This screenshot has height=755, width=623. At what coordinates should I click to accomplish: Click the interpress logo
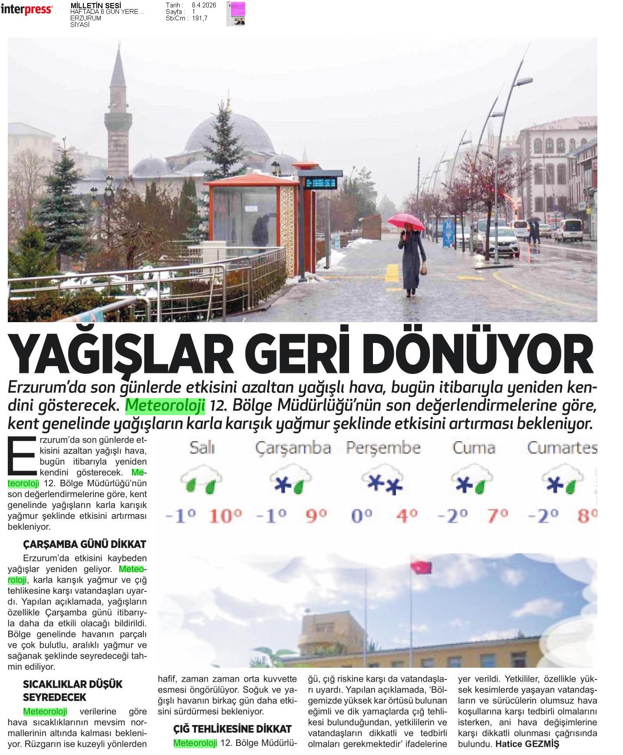(x=26, y=10)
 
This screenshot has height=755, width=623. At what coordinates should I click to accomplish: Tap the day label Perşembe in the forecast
(x=383, y=448)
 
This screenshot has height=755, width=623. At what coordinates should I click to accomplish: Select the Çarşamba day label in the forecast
(x=293, y=448)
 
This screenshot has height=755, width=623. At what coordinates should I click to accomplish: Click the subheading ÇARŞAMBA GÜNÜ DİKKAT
(x=84, y=544)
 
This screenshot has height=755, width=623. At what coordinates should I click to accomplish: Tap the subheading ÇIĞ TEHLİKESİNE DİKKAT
(x=232, y=729)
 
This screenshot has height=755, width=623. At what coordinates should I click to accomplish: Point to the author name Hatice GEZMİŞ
(x=527, y=744)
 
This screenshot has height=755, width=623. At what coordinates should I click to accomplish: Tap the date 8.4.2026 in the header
(x=204, y=5)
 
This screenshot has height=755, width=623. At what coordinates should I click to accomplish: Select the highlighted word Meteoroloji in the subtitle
(x=165, y=405)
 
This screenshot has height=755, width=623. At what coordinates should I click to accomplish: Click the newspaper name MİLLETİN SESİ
(x=92, y=6)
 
